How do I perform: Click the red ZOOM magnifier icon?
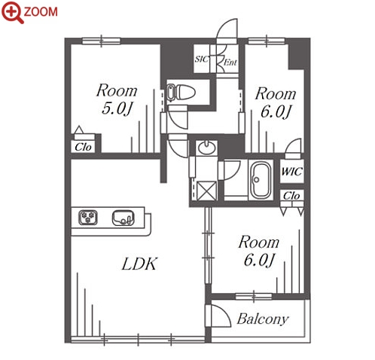[x=12, y=12]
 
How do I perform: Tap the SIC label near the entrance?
[x=202, y=59]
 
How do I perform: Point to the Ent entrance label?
[x=230, y=63]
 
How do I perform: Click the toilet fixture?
[x=181, y=92]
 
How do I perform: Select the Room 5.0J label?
[x=117, y=99]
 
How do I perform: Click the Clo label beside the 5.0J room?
[x=83, y=147]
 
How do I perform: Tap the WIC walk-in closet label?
[x=292, y=172]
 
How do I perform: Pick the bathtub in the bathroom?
[x=261, y=180]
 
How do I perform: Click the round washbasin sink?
[x=207, y=148]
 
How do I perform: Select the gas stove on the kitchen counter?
[x=88, y=218]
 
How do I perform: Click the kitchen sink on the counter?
[x=123, y=218]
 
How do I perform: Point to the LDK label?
[x=139, y=264]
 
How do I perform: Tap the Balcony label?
[x=263, y=319]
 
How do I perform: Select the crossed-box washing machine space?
[x=207, y=191]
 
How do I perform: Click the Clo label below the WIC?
[x=291, y=196]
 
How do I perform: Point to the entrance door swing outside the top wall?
[x=227, y=28]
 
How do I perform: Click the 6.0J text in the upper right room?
[x=276, y=111]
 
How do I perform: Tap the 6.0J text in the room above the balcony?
[x=259, y=260]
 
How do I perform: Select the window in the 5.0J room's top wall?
[x=102, y=41]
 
